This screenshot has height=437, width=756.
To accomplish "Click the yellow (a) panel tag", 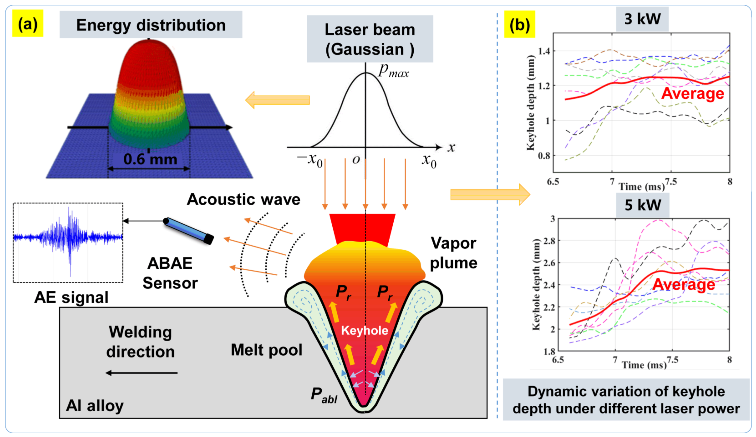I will click(28, 23).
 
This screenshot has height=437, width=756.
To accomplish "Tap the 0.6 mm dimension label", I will click(150, 159).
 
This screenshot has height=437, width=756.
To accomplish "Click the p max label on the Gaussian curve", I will click(393, 70).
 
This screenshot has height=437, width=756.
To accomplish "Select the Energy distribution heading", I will click(151, 25).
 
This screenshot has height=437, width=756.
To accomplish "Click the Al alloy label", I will click(94, 406).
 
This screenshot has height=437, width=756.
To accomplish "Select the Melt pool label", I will click(266, 350).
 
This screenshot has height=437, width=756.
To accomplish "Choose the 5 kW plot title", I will click(642, 205).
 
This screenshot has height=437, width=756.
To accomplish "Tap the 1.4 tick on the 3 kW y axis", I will click(544, 51).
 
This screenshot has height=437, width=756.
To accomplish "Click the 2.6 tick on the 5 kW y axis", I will click(549, 263).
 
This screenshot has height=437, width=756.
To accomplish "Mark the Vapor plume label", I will click(453, 253).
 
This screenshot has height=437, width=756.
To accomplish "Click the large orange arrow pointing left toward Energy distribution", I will click(277, 100).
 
